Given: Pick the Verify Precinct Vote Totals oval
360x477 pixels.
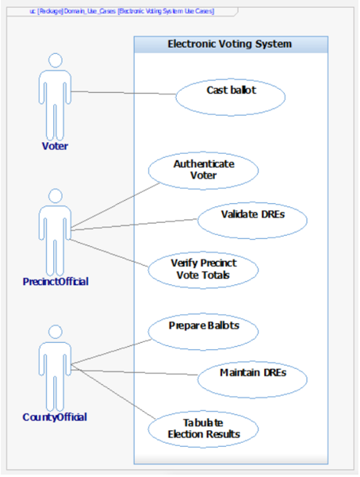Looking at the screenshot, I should point(204,267).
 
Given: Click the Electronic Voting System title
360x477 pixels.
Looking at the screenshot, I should point(229,44).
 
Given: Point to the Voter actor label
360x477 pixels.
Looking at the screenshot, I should point(55,145).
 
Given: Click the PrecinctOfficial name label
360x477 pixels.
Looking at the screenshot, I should point(55,281).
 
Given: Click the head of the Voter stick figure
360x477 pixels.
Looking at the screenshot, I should point(55,60).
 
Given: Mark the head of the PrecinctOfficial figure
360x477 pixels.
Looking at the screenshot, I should point(55,195).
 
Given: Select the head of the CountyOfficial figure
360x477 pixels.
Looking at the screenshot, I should point(55,331).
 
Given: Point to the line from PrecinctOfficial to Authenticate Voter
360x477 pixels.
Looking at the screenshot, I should point(119,206).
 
